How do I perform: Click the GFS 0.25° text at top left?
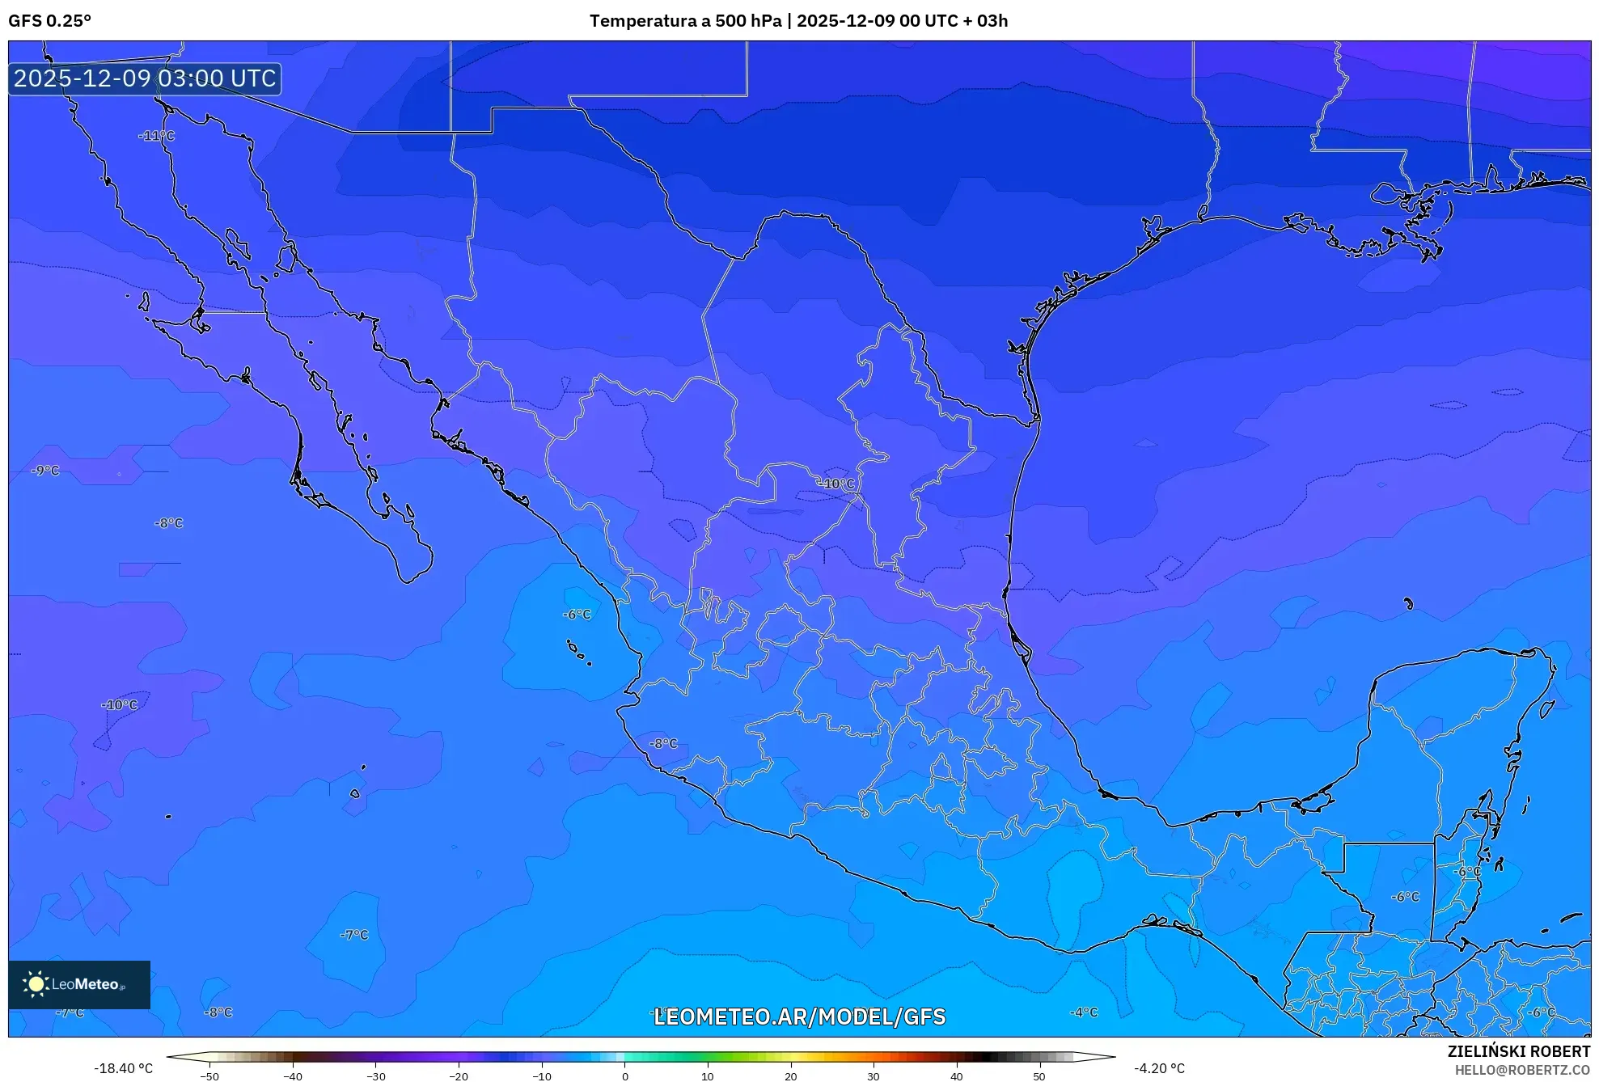click(49, 21)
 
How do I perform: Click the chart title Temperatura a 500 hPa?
click(686, 21)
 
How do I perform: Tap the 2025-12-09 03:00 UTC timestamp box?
click(145, 78)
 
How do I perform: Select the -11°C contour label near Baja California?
click(156, 136)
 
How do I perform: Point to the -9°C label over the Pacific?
click(45, 471)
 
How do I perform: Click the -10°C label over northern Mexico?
click(835, 484)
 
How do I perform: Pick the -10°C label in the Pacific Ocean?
click(120, 705)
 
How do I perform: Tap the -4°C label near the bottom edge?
click(1084, 1012)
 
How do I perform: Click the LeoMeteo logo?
click(79, 984)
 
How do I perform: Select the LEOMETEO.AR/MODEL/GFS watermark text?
click(799, 1016)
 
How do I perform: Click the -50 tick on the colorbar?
click(209, 1076)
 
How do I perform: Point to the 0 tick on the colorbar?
click(624, 1076)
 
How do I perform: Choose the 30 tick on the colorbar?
click(874, 1076)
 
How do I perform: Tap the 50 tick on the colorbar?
click(1039, 1076)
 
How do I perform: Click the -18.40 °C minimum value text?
click(123, 1068)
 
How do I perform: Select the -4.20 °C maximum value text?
click(1159, 1068)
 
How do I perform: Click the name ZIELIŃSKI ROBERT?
click(1518, 1051)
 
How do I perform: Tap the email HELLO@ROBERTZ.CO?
click(1522, 1070)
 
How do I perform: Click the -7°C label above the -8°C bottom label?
click(354, 935)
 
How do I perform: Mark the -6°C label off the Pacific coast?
click(577, 615)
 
